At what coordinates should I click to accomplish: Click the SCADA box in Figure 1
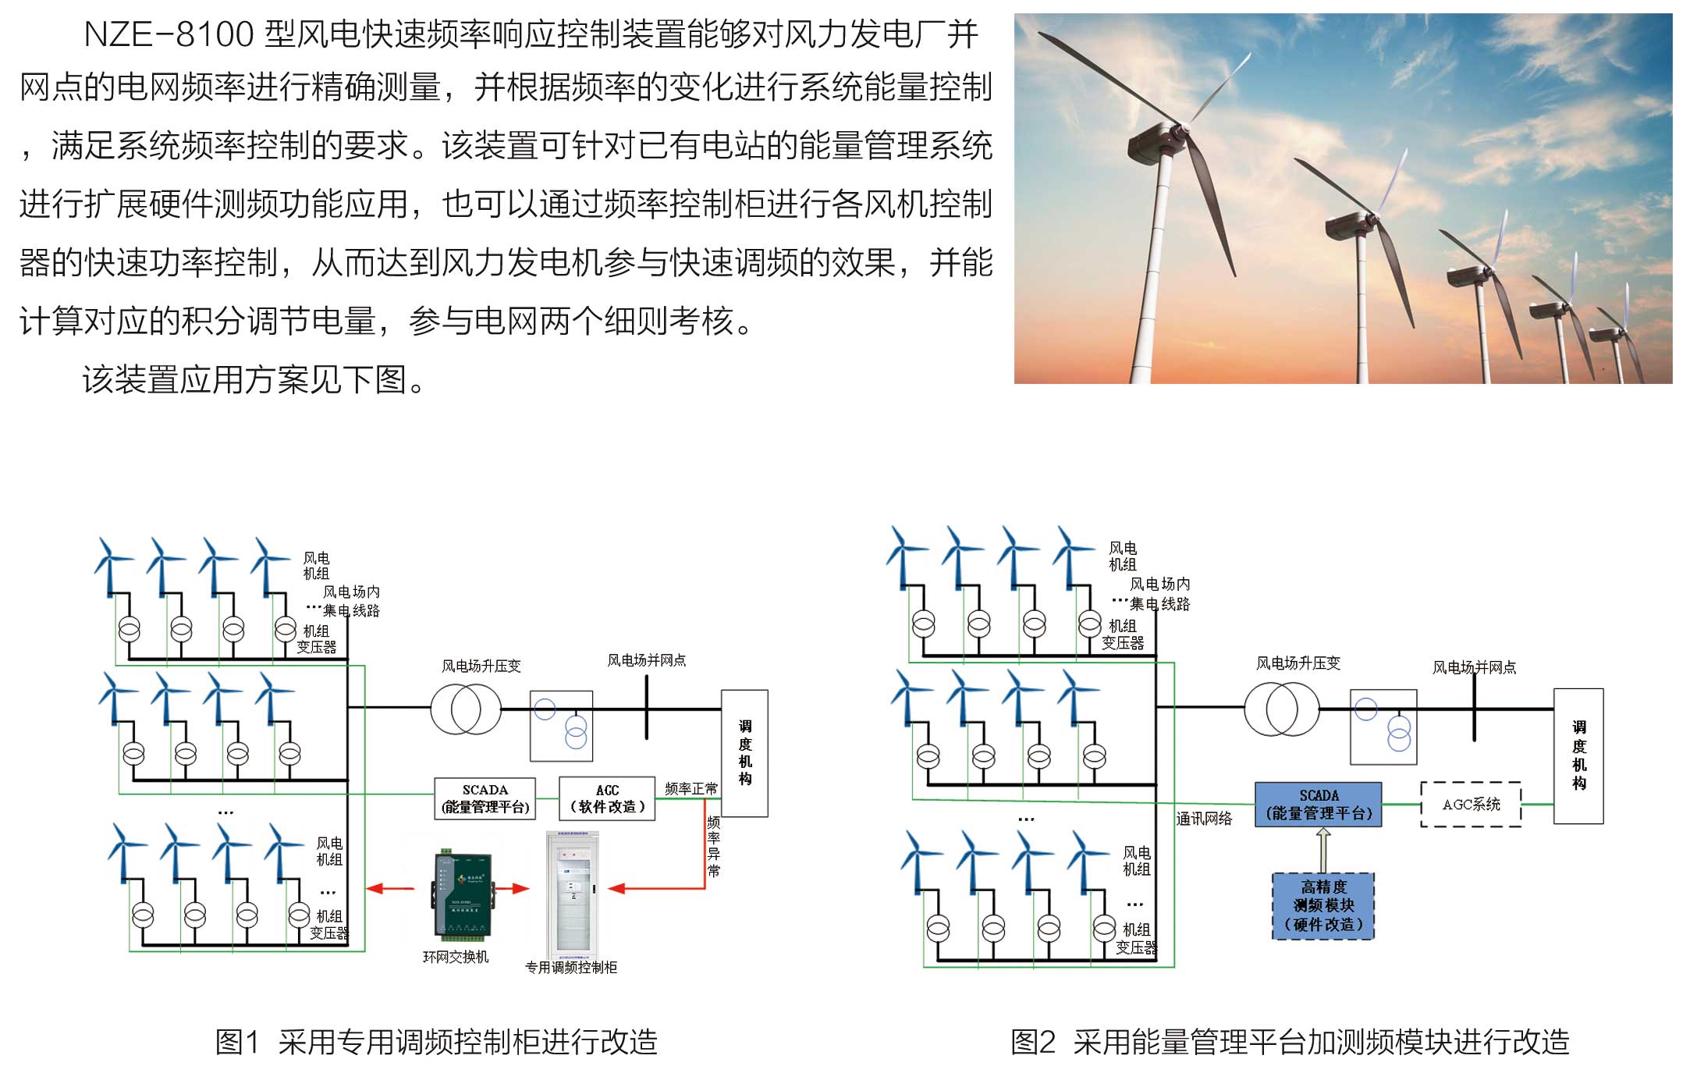tap(485, 798)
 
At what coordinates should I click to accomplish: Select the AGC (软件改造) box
tap(607, 798)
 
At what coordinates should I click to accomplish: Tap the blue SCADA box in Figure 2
tap(1318, 805)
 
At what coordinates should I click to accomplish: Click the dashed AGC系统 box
tap(1471, 805)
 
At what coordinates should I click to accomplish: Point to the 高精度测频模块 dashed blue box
tap(1323, 906)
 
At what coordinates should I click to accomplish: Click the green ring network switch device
tap(462, 894)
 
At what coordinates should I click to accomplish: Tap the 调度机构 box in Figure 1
tap(744, 753)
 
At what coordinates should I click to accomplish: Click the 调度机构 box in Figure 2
tap(1578, 755)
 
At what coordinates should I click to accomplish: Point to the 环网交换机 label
tap(456, 957)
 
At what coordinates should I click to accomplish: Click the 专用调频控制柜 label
tap(571, 968)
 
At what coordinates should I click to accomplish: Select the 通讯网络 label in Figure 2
tap(1204, 819)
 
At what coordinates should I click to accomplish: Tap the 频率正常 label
tap(691, 789)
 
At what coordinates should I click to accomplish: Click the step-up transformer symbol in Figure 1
tap(466, 709)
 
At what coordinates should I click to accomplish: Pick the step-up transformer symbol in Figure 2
tap(1281, 709)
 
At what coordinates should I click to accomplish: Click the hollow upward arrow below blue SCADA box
tap(1323, 850)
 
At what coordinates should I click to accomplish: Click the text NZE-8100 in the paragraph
tap(169, 35)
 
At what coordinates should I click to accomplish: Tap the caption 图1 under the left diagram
tap(236, 1043)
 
